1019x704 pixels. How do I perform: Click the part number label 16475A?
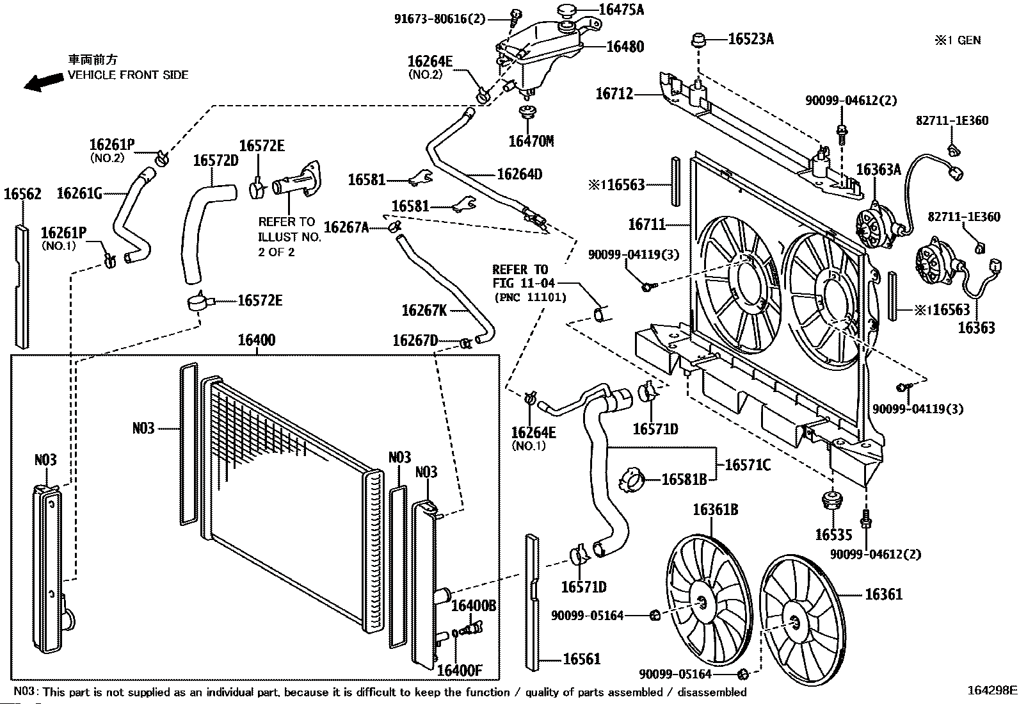622,10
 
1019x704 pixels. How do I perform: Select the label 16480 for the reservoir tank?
625,47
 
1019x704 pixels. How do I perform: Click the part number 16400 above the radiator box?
257,340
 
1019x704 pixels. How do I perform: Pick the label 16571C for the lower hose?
748,465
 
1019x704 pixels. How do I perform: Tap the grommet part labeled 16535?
832,500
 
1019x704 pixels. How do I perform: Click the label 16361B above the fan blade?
716,509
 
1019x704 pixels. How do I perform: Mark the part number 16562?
22,194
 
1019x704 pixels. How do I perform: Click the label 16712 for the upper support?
614,94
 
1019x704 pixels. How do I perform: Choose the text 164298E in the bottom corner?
992,691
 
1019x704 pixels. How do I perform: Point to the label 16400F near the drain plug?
460,670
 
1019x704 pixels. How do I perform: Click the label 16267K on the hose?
424,311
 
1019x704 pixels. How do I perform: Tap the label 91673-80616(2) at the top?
440,19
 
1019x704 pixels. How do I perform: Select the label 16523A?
751,39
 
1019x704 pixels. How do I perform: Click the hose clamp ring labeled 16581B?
632,480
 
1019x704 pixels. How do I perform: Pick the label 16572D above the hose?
216,161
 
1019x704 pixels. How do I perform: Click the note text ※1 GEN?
958,40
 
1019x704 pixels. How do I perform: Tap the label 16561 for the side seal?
582,659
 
